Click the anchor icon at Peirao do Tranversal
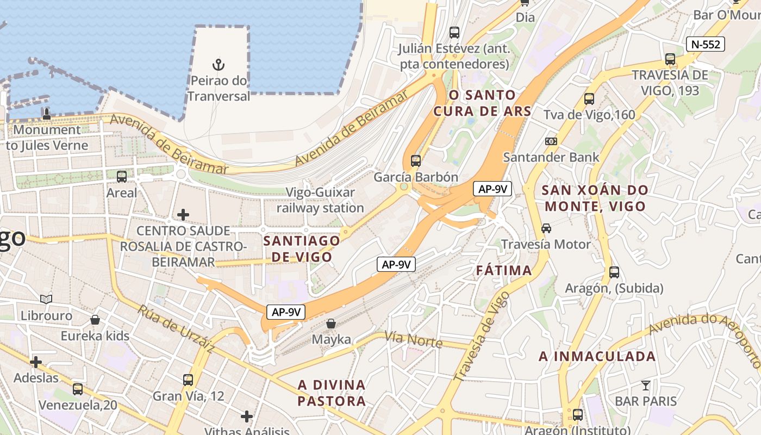pyautogui.click(x=219, y=65)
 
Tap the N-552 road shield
pyautogui.click(x=706, y=44)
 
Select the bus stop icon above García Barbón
pyautogui.click(x=416, y=160)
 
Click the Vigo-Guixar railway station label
pyautogui.click(x=320, y=200)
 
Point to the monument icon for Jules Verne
pyautogui.click(x=47, y=114)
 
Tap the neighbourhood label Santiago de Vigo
pyautogui.click(x=302, y=248)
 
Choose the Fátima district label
pyautogui.click(x=504, y=270)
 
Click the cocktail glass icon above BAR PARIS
pyautogui.click(x=645, y=386)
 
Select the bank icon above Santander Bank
pyautogui.click(x=551, y=141)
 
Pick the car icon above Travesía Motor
pyautogui.click(x=546, y=228)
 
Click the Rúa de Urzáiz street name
pyautogui.click(x=175, y=328)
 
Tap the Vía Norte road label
pyautogui.click(x=413, y=340)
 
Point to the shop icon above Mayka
pyautogui.click(x=331, y=324)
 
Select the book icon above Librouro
pyautogui.click(x=46, y=299)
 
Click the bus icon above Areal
pyautogui.click(x=122, y=176)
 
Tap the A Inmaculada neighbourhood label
pyautogui.click(x=597, y=357)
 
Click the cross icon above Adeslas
pyautogui.click(x=36, y=362)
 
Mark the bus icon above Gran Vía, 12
pyautogui.click(x=188, y=380)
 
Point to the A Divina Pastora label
pyautogui.click(x=332, y=393)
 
